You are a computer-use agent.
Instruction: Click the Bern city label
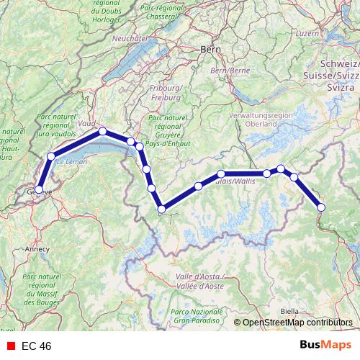(210, 51)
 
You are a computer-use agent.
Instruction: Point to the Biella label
(289, 311)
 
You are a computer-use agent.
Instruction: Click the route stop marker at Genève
(39, 190)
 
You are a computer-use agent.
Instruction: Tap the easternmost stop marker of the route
(321, 207)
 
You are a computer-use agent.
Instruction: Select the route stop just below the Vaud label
(103, 131)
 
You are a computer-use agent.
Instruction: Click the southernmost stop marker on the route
(162, 210)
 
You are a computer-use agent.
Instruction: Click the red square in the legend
(11, 346)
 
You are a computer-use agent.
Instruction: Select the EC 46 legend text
(37, 346)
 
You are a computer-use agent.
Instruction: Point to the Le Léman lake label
(71, 163)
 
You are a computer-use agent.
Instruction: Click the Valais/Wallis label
(235, 181)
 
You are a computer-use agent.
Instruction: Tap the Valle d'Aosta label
(199, 281)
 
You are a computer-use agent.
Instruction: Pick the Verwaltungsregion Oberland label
(252, 120)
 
